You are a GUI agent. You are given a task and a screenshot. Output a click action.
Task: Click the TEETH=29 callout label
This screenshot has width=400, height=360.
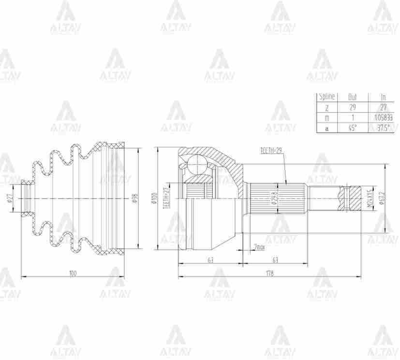click(x=270, y=151)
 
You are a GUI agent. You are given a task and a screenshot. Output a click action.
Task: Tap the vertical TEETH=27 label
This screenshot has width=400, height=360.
click(x=166, y=197)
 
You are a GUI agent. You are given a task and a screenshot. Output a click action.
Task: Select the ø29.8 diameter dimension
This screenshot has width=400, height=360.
click(x=274, y=199)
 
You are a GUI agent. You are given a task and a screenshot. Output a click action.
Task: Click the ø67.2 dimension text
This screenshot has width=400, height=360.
click(x=382, y=199)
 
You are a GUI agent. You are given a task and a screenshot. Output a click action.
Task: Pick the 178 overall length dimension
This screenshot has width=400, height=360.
click(x=269, y=273)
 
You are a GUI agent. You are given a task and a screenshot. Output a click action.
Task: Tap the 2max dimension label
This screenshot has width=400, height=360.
click(x=259, y=247)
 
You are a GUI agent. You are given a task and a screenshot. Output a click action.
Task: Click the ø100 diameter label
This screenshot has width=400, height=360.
click(x=154, y=199)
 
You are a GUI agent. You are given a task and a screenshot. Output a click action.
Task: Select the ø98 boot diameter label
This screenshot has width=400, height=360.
click(x=134, y=199)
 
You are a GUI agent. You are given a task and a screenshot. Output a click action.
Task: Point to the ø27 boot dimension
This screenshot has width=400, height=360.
click(x=9, y=199)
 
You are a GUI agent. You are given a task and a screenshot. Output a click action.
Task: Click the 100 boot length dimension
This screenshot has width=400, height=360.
click(x=73, y=274)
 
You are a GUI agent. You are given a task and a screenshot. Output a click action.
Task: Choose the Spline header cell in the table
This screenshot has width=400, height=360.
click(x=327, y=97)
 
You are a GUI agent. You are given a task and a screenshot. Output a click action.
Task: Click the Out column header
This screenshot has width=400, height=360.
click(x=352, y=97)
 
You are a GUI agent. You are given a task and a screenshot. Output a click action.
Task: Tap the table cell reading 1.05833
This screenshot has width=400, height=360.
click(x=383, y=117)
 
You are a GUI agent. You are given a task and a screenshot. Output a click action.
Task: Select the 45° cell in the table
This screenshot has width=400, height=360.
click(x=352, y=128)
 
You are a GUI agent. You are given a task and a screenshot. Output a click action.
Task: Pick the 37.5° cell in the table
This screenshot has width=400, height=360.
click(x=383, y=128)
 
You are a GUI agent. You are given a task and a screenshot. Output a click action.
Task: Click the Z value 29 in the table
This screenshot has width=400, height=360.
click(x=352, y=107)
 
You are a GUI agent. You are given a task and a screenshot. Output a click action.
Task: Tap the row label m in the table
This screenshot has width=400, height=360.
click(x=327, y=117)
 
